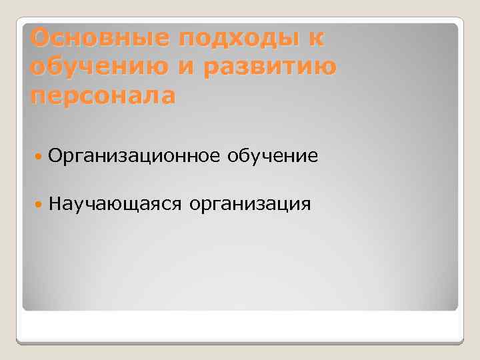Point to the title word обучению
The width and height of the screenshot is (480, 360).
[x=97, y=67]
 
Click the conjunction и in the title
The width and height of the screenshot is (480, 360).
[x=186, y=67]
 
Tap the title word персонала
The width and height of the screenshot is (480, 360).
[x=103, y=95]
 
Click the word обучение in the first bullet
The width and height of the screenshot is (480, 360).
[x=273, y=157]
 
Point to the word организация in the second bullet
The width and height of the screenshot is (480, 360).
[x=250, y=203]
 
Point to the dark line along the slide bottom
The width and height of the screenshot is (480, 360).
[x=240, y=343]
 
